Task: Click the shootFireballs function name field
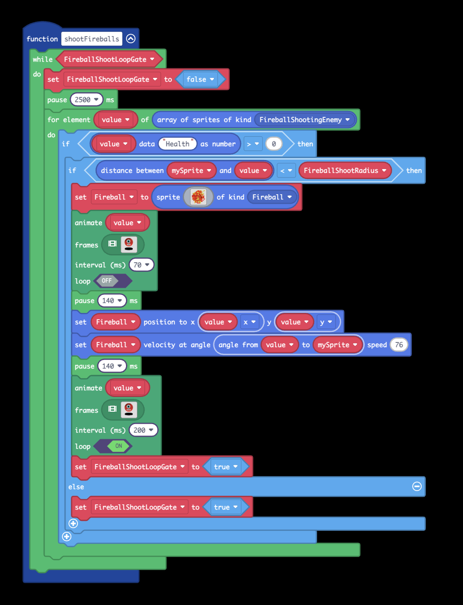92,39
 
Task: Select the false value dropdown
200,79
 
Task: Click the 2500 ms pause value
86,100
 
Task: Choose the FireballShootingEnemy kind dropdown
304,120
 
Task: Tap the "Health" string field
178,144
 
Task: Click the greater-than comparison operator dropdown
253,144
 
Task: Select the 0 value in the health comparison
274,144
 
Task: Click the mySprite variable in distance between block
191,170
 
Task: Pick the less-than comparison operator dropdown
286,170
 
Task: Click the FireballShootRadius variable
345,170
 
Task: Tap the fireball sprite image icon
198,197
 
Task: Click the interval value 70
141,265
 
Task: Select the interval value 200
143,430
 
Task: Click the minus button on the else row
417,486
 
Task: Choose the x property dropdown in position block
250,322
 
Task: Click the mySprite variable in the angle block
337,345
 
